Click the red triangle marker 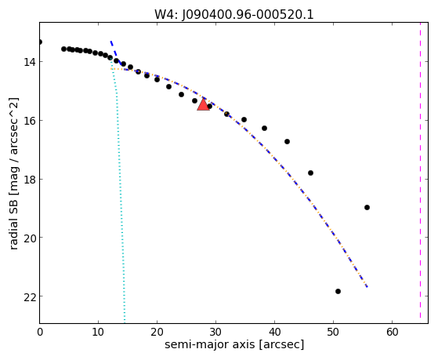[203, 104]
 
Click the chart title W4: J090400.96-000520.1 [234, 15]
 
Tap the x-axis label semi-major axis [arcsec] [234, 344]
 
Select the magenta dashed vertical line [420, 170]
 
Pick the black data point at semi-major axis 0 [40, 42]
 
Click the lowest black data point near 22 [338, 291]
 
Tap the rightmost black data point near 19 [367, 207]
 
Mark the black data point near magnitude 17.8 [310, 173]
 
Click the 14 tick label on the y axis [29, 61]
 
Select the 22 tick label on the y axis [29, 296]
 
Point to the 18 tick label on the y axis [29, 179]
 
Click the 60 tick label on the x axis [393, 332]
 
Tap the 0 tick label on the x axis [40, 332]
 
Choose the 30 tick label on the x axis [216, 332]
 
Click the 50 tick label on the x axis [333, 332]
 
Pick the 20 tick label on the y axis [29, 238]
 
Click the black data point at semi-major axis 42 [287, 141]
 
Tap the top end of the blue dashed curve [110, 41]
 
